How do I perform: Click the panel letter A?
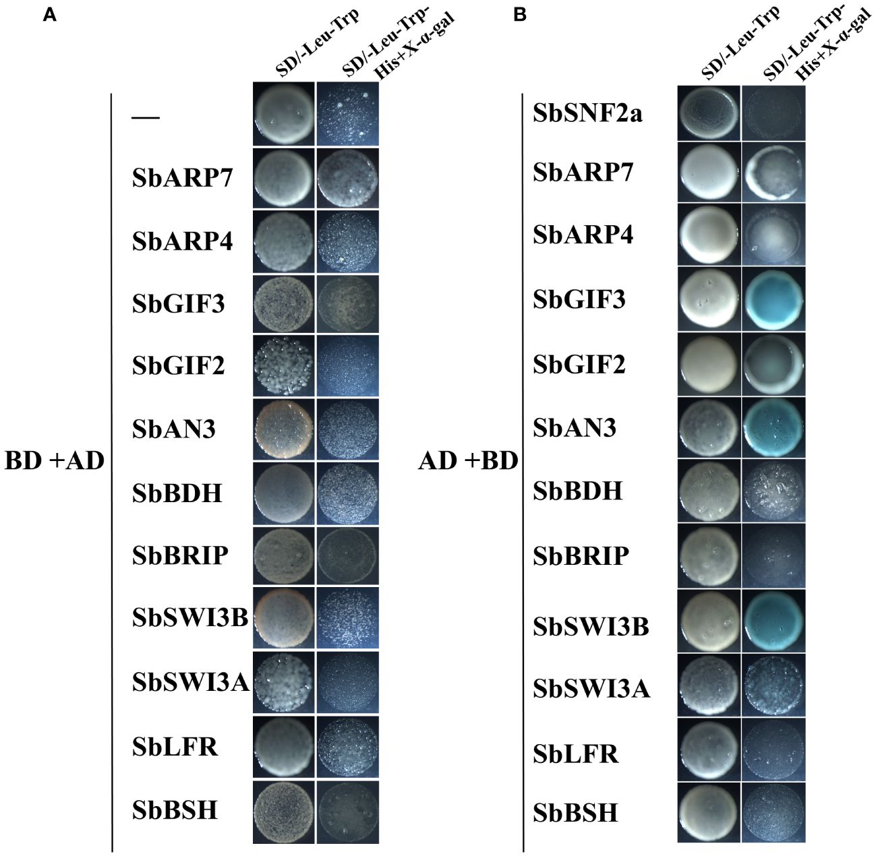coord(49,15)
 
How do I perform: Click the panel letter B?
coord(519,15)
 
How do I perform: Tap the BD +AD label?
coord(54,460)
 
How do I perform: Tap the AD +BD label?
coord(468,460)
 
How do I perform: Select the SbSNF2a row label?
coord(587,113)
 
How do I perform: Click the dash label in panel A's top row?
coord(146,118)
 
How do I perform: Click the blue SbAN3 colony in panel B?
coord(773,427)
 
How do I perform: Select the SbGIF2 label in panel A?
coord(178,366)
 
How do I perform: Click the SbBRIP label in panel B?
coord(581,556)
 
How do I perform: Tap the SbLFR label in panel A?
coord(175,747)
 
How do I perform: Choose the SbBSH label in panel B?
coord(575,813)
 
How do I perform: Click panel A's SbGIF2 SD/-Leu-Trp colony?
coord(283,366)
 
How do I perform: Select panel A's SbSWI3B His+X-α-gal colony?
coord(348,618)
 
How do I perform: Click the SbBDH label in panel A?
coord(177,493)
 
